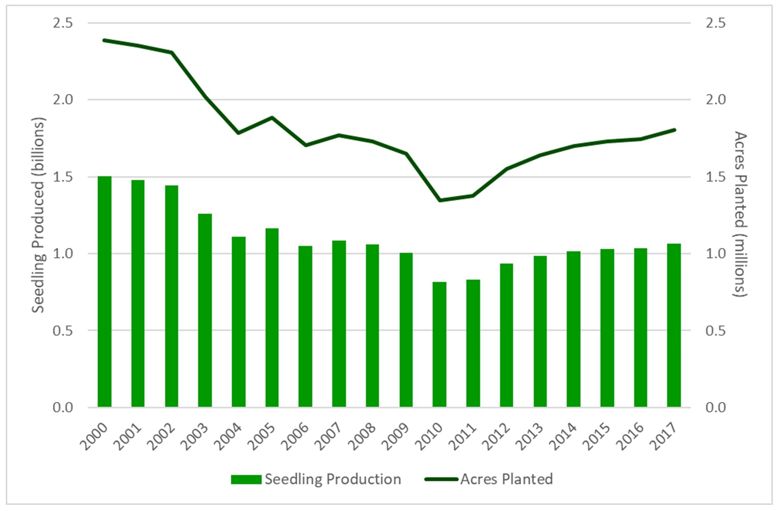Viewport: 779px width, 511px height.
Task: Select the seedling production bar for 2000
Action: pyautogui.click(x=105, y=291)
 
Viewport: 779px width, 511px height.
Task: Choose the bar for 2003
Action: pyautogui.click(x=205, y=310)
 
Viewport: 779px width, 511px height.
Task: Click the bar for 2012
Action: pyautogui.click(x=507, y=335)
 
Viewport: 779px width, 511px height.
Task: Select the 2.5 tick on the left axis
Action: pyautogui.click(x=63, y=23)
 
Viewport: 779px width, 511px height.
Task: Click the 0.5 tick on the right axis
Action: pyautogui.click(x=716, y=331)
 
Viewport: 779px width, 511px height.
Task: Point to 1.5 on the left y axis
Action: pyautogui.click(x=63, y=177)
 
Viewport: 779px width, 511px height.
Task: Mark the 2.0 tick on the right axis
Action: pyautogui.click(x=716, y=100)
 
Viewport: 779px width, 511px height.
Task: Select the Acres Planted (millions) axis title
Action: pyautogui.click(x=740, y=215)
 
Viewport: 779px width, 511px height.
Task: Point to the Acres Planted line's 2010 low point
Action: pyautogui.click(x=440, y=200)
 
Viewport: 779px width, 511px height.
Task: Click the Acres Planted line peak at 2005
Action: pyautogui.click(x=272, y=117)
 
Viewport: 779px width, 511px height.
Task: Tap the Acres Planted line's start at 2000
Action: pyautogui.click(x=105, y=40)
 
